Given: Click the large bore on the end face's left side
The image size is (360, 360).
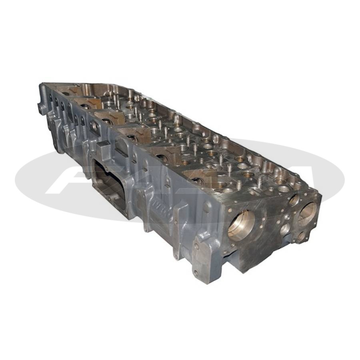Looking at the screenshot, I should [241, 225].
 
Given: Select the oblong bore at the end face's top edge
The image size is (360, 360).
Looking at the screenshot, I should [294, 200].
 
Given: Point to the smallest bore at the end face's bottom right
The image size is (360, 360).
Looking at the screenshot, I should [301, 236].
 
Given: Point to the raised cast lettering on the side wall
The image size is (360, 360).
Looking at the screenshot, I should [162, 212].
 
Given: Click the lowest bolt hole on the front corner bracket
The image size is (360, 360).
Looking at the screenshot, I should [196, 273].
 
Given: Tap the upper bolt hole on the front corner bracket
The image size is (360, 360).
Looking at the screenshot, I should [196, 247].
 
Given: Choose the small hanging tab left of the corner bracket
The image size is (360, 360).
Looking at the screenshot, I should [175, 252].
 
